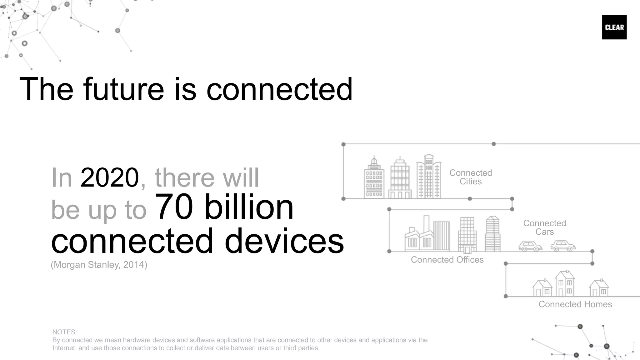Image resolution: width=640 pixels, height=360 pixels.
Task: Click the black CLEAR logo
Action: (x=614, y=27)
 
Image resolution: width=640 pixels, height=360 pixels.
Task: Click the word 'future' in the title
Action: (x=123, y=89)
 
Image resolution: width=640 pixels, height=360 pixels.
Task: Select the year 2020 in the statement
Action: (x=109, y=178)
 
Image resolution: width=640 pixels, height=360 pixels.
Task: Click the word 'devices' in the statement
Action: (x=284, y=241)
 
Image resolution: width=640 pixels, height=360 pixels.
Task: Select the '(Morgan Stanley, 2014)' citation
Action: (x=99, y=265)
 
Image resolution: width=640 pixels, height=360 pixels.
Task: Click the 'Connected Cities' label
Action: (x=471, y=177)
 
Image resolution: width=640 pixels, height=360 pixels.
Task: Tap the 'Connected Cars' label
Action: (x=544, y=227)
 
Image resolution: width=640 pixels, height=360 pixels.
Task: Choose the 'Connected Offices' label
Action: (x=447, y=260)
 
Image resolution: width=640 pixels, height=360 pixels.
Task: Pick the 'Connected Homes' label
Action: (x=575, y=304)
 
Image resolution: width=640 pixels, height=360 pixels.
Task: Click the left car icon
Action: (x=530, y=246)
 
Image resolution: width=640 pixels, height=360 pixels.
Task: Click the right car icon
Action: (x=563, y=246)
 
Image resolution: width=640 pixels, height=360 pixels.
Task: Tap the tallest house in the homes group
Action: (x=564, y=284)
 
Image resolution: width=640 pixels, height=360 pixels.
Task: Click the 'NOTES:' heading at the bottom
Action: (x=64, y=332)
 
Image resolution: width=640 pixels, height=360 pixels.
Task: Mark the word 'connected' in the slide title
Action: (x=279, y=89)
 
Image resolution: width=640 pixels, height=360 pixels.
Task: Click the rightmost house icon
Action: (x=599, y=288)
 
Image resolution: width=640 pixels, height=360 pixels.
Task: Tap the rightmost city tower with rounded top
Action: (x=429, y=177)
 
